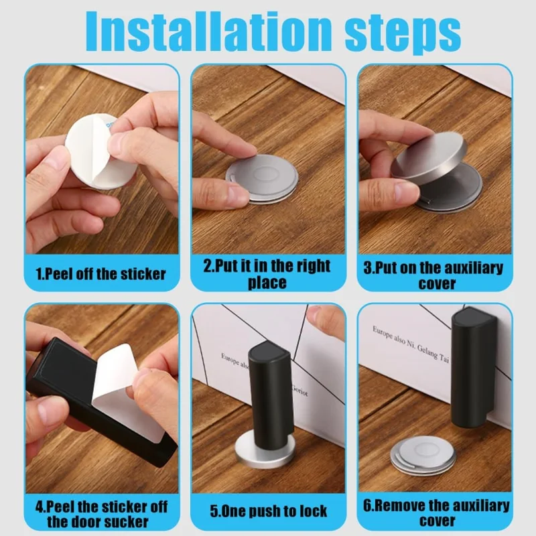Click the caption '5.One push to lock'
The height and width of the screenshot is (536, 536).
click(x=268, y=511)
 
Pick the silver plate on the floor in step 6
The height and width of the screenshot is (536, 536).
click(x=422, y=456)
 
